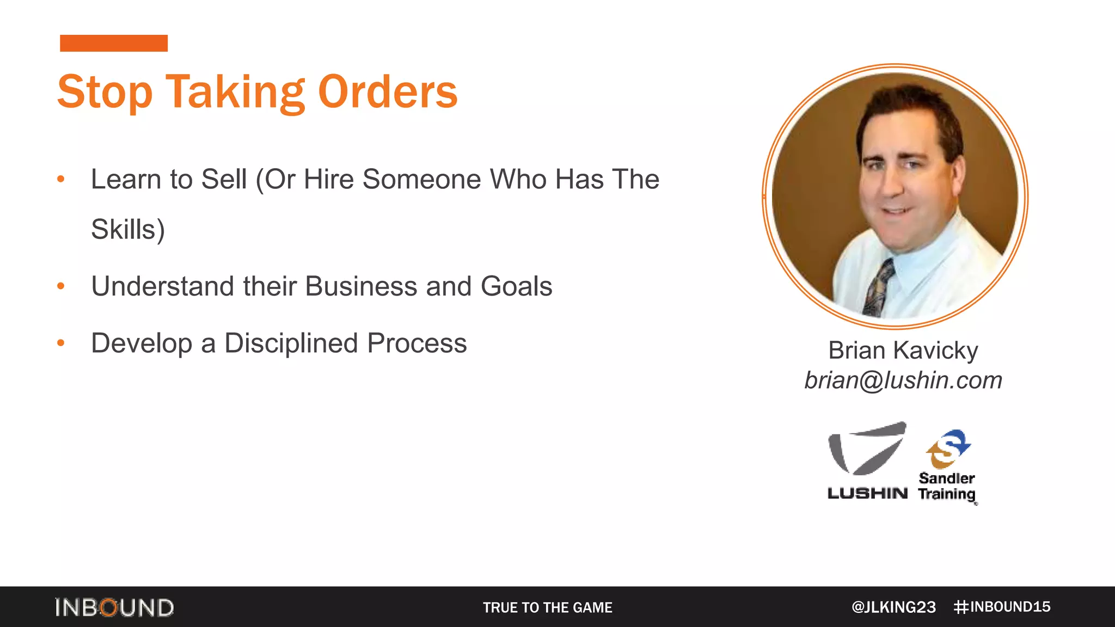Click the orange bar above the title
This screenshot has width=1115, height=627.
tap(114, 43)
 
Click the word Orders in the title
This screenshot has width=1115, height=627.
tap(387, 91)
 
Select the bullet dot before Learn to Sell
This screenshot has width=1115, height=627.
tap(61, 179)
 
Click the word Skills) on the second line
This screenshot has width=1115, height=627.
tap(128, 229)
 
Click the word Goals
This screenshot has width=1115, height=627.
tap(516, 286)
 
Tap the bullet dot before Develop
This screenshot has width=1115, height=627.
tap(61, 343)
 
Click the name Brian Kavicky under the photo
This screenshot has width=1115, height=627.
tap(903, 350)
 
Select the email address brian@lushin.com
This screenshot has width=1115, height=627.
tap(903, 380)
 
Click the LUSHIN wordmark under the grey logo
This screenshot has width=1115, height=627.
tap(867, 493)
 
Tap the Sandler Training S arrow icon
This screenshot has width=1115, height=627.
tap(948, 448)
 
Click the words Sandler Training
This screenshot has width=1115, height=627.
tap(947, 486)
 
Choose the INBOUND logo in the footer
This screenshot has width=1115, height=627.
tap(114, 607)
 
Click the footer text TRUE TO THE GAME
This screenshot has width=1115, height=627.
tap(548, 607)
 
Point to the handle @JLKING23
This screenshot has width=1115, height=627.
tap(893, 607)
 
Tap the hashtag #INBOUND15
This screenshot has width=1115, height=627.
tap(1002, 607)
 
